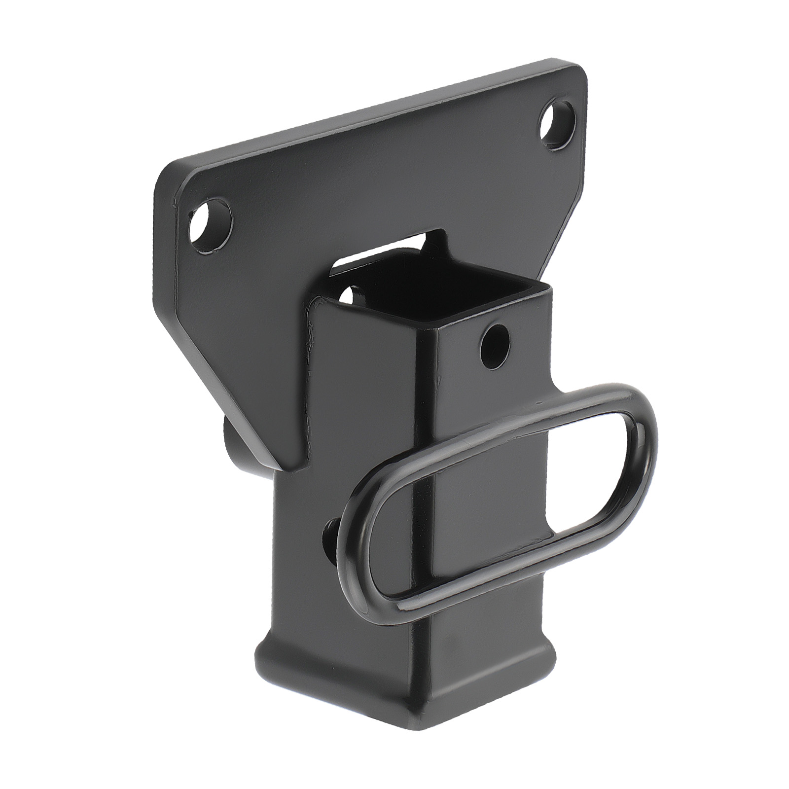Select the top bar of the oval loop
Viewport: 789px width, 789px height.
(x=493, y=424)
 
